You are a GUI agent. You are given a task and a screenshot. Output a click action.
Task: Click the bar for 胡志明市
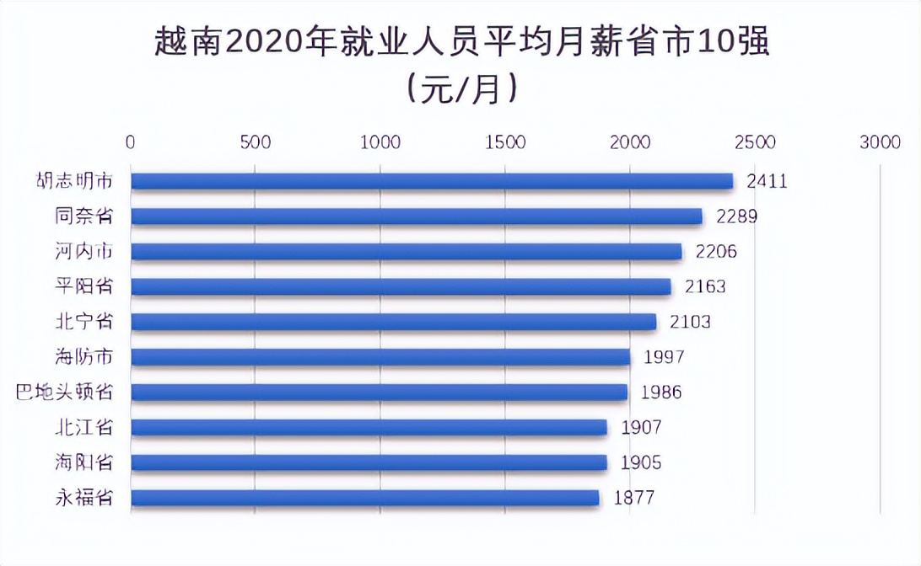coord(432,181)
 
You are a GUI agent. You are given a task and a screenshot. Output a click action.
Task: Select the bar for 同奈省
coord(417,216)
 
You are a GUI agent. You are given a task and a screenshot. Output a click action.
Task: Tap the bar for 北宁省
coord(393,322)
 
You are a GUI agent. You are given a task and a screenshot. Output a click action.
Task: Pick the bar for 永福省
coord(365,498)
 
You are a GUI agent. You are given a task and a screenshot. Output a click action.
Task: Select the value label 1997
coord(664,357)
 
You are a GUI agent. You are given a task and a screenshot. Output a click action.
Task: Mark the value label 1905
coord(640,462)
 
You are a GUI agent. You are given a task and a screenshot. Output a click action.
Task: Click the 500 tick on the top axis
coord(256,142)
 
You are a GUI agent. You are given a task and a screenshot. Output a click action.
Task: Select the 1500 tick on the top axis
coord(505,142)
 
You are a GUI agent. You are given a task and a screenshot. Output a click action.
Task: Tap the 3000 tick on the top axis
coord(880,142)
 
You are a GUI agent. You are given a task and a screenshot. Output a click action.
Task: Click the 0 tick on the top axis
coord(131,142)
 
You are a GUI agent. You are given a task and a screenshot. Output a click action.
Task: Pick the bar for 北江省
coord(369,427)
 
